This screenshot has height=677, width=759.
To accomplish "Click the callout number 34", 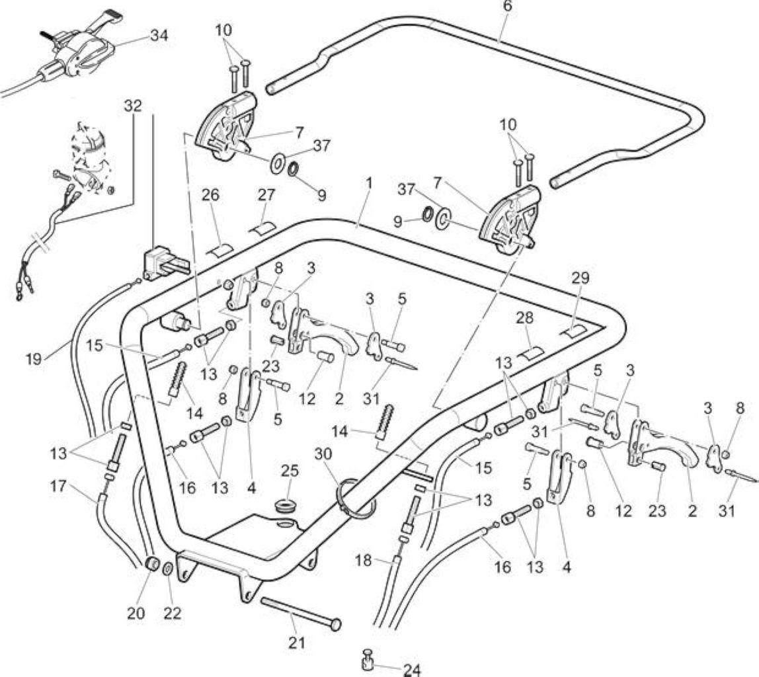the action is tap(159, 36).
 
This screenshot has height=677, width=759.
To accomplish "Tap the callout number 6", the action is tap(507, 7).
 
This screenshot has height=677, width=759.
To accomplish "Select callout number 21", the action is tap(297, 643).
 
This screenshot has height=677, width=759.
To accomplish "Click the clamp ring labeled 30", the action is tap(355, 498).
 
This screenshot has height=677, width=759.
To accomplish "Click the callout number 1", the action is tap(369, 183).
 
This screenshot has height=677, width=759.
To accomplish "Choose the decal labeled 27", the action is tap(262, 227).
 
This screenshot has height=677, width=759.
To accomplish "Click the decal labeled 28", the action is tap(531, 353).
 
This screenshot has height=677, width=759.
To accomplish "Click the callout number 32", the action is tap(133, 106).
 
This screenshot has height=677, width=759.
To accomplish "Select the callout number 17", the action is tap(58, 486).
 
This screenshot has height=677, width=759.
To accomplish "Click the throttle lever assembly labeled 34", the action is tap(77, 48).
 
